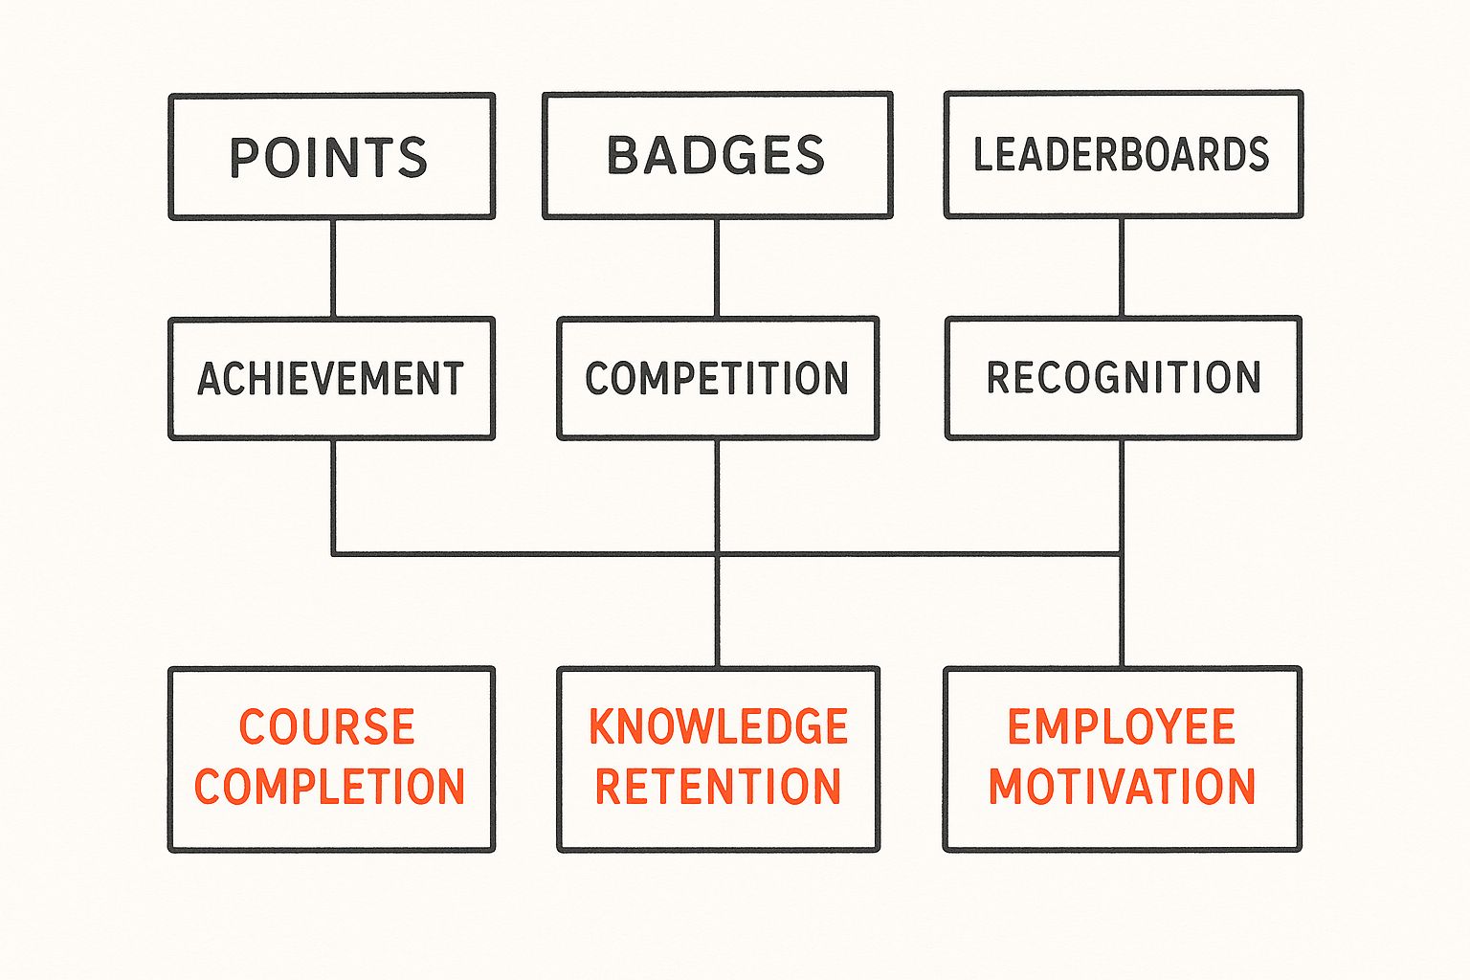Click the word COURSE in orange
[326, 727]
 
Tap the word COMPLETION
[329, 787]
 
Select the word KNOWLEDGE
[718, 727]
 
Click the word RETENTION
[718, 787]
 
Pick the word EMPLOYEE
[1121, 727]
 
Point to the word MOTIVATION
[1122, 787]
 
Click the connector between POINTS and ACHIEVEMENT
[333, 268]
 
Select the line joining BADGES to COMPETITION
[717, 268]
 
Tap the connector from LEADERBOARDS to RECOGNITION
[1122, 268]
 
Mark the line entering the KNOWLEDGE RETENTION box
[717, 612]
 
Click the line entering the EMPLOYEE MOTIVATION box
[1122, 612]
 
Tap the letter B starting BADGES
[623, 155]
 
